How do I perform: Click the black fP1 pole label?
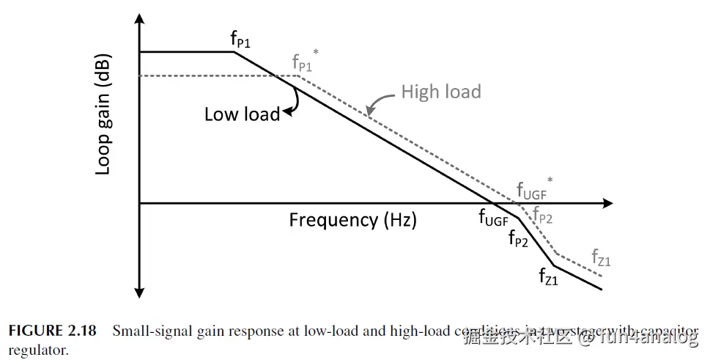pos(240,41)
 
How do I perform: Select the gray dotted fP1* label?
pos(303,62)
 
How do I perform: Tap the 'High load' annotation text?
pos(440,92)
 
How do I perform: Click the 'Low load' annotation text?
pos(241,114)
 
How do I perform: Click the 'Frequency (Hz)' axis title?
pos(352,220)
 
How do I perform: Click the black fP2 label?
pos(517,239)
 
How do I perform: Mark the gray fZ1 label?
pos(601,259)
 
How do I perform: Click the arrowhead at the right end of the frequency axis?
pos(607,203)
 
